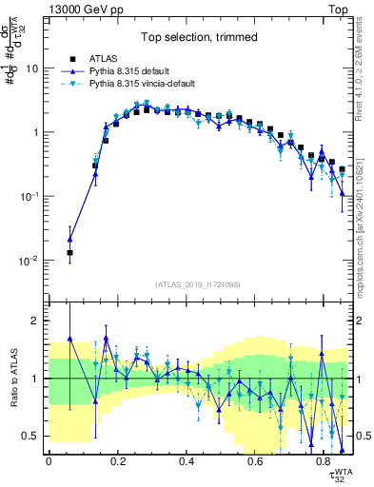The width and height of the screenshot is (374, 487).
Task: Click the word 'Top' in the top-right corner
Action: [340, 8]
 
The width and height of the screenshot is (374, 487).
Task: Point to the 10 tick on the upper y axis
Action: [32, 68]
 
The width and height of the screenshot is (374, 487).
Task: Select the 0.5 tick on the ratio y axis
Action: [31, 436]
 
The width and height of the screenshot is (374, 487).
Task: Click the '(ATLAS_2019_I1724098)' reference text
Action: [197, 283]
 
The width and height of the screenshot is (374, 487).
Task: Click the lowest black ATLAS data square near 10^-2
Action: [69, 253]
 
